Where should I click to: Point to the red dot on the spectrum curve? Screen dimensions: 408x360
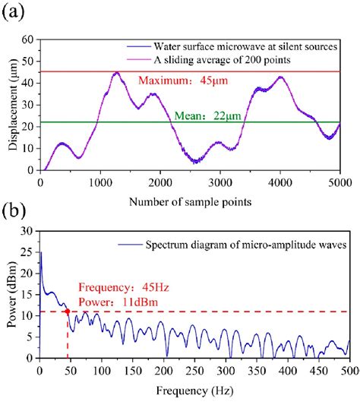pyautogui.click(x=68, y=312)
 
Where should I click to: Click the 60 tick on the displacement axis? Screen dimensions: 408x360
pyautogui.click(x=29, y=39)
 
